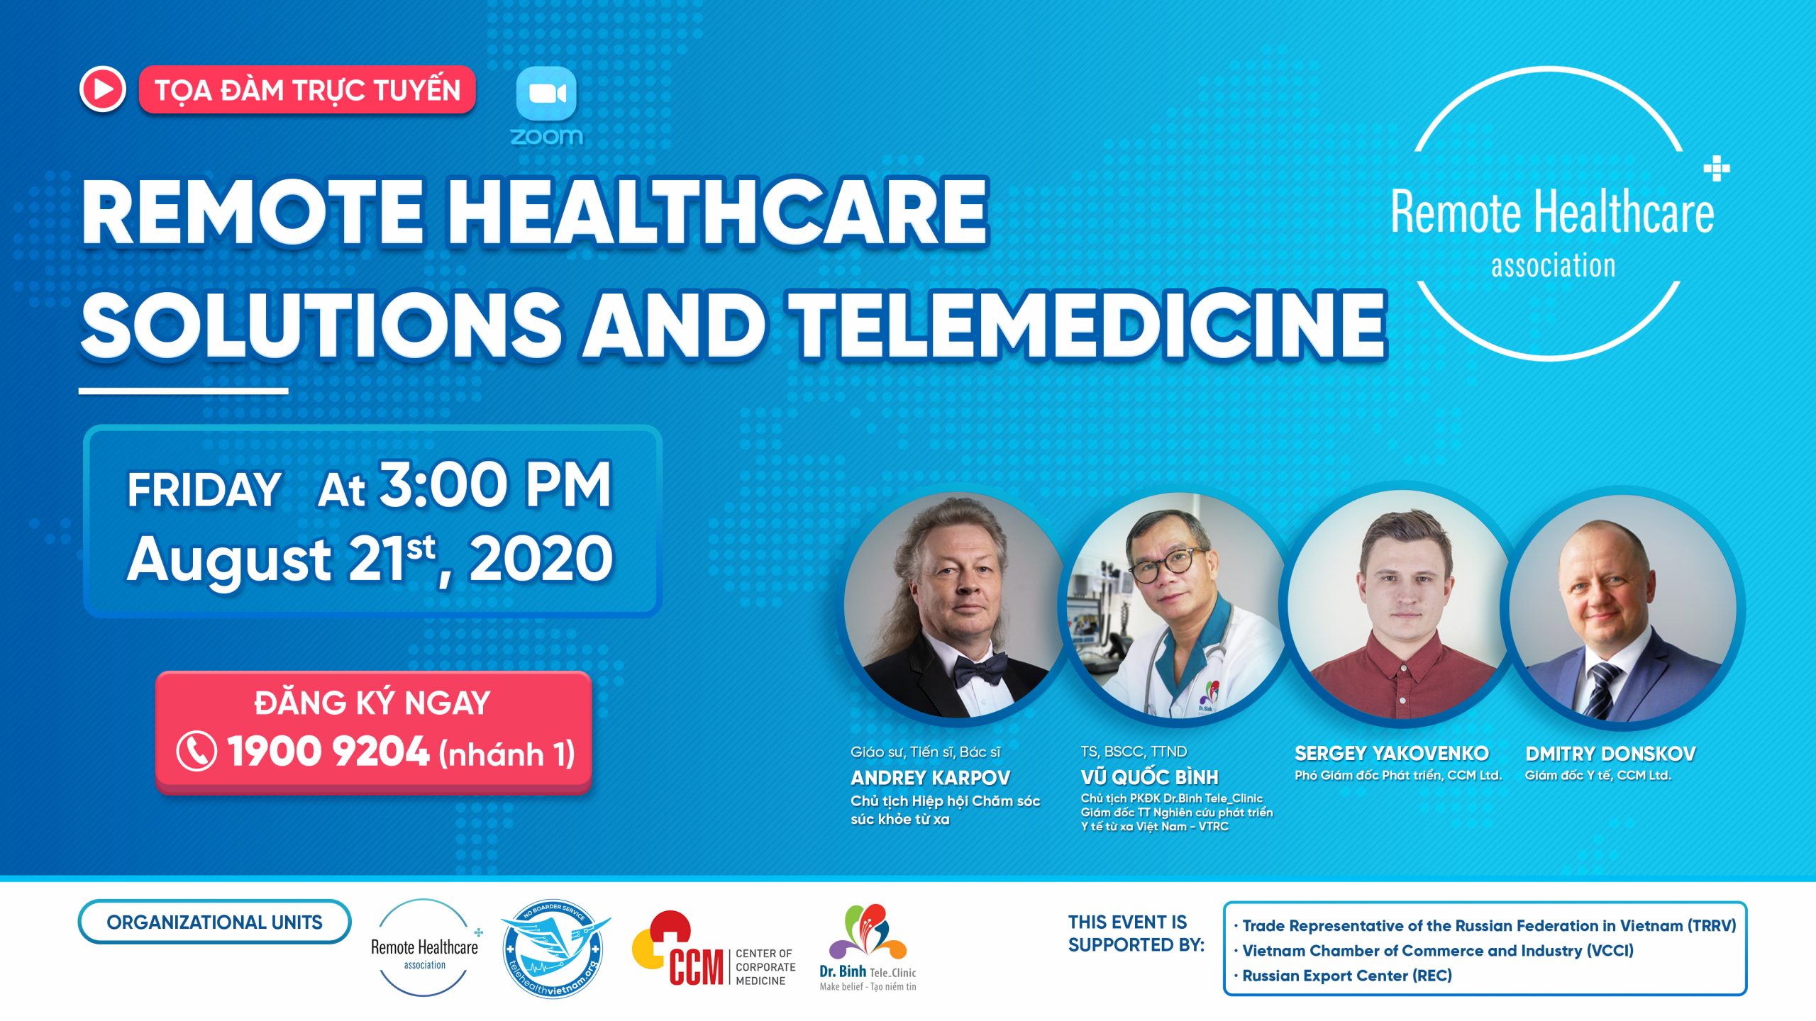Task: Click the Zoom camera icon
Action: point(546,94)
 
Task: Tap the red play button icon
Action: point(103,89)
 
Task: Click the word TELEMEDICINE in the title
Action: point(1089,324)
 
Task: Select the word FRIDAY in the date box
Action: point(204,489)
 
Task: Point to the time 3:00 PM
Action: point(495,485)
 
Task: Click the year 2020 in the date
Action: point(541,559)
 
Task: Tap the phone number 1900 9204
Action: point(328,752)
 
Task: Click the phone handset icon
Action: point(196,752)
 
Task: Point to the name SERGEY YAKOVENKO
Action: point(1391,753)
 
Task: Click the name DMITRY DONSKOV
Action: point(1610,753)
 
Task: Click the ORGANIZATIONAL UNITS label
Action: point(214,922)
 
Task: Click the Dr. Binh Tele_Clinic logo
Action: point(868,947)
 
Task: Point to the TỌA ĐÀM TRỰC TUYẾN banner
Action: point(307,90)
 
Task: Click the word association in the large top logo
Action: point(1553,266)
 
